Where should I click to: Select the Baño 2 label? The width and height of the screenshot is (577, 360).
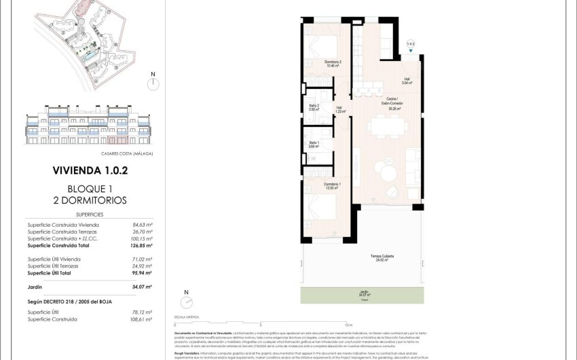(313, 107)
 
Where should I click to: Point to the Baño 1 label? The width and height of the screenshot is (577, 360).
(313, 145)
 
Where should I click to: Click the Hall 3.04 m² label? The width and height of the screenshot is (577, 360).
(407, 81)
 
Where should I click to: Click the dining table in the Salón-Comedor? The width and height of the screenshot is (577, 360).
(386, 126)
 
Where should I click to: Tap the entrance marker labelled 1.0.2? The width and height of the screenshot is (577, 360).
(410, 45)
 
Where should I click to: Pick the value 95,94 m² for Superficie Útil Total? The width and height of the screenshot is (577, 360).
(141, 273)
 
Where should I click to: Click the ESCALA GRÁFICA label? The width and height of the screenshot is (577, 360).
(187, 317)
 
